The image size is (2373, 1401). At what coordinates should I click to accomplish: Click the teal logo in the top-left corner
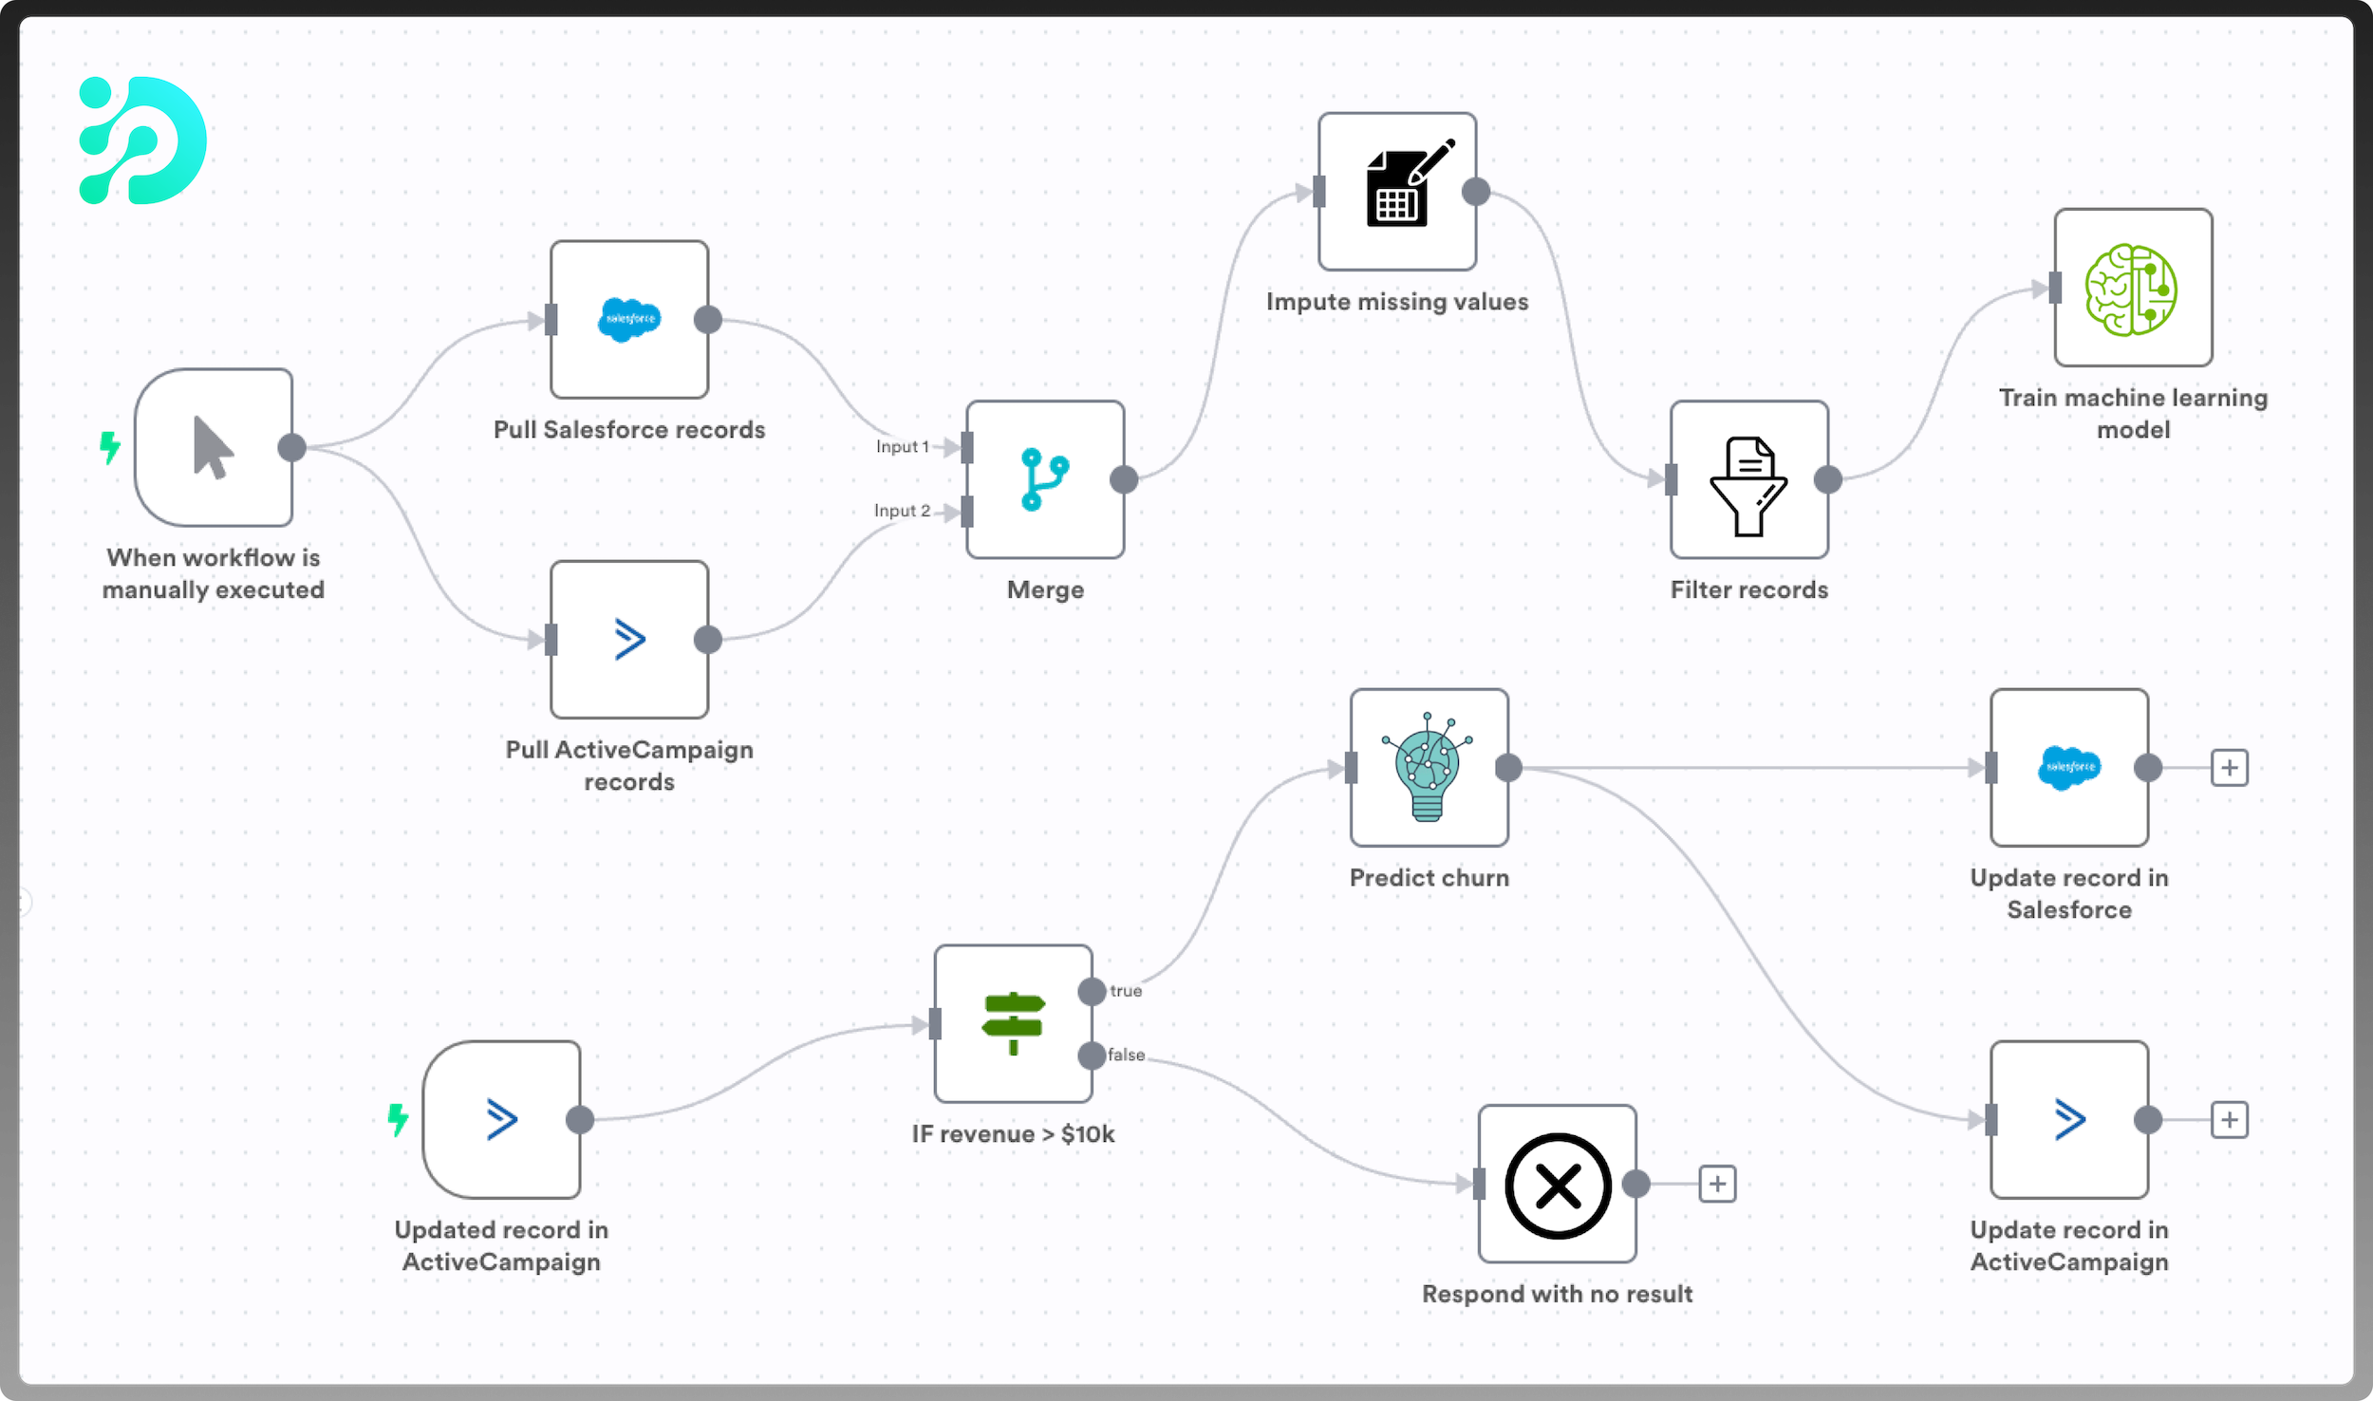tap(143, 140)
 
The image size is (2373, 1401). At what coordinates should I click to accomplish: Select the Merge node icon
tap(1045, 479)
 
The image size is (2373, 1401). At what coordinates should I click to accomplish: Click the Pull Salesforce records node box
tap(629, 320)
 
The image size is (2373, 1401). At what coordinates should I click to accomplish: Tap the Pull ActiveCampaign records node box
tap(629, 640)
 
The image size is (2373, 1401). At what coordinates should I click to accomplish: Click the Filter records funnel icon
tap(1748, 484)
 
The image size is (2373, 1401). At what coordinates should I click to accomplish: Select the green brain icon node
tap(2132, 289)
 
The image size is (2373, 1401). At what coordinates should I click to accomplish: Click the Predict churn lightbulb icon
tap(1429, 768)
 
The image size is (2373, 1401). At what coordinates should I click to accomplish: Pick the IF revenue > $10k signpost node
tap(1013, 1023)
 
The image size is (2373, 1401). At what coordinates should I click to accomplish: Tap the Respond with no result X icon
tap(1558, 1185)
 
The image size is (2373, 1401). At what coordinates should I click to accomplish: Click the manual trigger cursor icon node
tap(214, 448)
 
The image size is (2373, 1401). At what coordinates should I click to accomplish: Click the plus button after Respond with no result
tap(1717, 1184)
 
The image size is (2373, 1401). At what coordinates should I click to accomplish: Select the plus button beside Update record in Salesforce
tap(2230, 767)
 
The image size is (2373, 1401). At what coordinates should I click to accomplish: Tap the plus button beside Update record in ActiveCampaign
tap(2230, 1120)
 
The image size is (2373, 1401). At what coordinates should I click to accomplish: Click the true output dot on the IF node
tap(1093, 992)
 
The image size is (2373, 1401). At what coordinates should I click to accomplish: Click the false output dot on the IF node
tap(1093, 1055)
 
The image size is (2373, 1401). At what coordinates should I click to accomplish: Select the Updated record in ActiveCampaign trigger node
tap(501, 1120)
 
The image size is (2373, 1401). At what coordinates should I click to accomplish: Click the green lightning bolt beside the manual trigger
tap(110, 447)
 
